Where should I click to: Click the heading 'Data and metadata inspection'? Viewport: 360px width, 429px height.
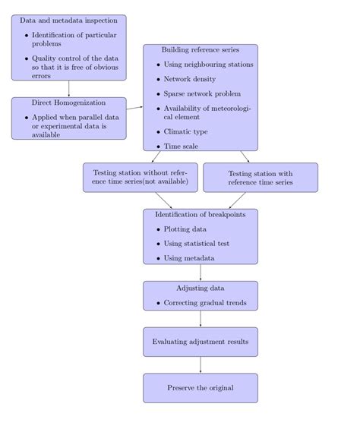click(x=68, y=21)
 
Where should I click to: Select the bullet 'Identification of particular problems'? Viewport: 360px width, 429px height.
click(x=73, y=39)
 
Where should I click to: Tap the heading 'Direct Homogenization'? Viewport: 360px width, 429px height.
click(x=68, y=102)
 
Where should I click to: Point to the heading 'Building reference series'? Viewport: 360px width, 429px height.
click(x=200, y=49)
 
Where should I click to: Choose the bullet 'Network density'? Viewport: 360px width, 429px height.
click(x=190, y=79)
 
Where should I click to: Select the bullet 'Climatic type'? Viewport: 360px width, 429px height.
click(x=185, y=131)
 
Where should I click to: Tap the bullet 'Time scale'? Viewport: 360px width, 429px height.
click(x=182, y=146)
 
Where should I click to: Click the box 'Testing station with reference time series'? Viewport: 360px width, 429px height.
click(x=261, y=178)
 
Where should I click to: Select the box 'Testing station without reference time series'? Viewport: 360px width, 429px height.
click(x=140, y=178)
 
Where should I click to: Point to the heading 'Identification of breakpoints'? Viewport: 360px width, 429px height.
click(x=200, y=215)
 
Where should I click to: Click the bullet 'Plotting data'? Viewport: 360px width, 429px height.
click(x=185, y=229)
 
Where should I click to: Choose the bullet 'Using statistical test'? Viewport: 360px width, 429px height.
click(x=196, y=244)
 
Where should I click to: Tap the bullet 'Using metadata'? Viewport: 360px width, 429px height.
click(x=188, y=258)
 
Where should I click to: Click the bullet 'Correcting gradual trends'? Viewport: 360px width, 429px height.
click(x=204, y=303)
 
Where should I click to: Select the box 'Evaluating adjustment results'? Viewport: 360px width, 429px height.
click(x=200, y=342)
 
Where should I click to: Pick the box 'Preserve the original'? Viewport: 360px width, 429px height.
click(x=200, y=388)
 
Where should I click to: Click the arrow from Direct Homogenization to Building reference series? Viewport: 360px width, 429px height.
click(x=134, y=109)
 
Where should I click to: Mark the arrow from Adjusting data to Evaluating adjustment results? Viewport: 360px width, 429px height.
click(x=201, y=319)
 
